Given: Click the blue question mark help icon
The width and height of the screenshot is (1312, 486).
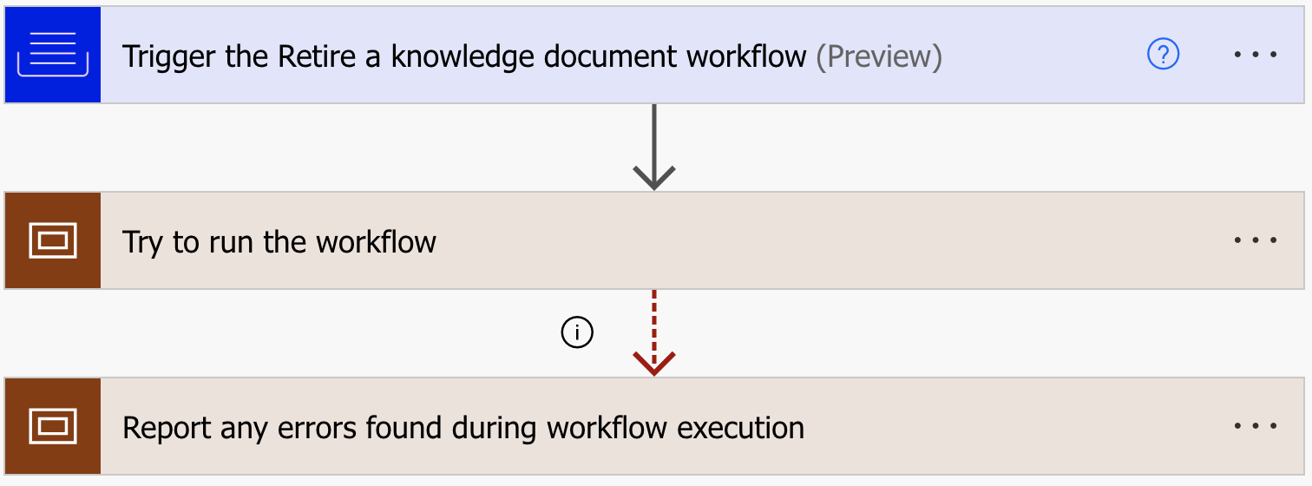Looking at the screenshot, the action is pos(1163,55).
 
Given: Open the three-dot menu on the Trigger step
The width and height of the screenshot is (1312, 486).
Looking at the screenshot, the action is pos(1256,55).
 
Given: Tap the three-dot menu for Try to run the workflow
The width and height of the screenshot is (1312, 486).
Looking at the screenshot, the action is pos(1256,240).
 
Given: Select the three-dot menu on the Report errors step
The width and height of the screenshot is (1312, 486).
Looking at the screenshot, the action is pos(1256,426).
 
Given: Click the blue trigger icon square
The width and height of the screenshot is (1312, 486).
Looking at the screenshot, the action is pos(53,55).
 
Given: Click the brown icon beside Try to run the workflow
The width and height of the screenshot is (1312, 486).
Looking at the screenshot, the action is pos(53,240).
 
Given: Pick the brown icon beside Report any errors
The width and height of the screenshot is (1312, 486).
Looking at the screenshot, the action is pos(53,426).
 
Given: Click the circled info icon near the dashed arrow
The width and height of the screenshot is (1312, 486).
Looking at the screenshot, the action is pos(577,332).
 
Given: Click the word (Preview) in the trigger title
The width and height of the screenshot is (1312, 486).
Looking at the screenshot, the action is pos(879,56).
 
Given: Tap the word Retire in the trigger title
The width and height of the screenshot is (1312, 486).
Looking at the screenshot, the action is pos(316,56).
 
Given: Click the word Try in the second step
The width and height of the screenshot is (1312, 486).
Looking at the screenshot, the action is pos(142,243).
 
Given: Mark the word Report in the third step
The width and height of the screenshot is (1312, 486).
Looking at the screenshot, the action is pos(167,429).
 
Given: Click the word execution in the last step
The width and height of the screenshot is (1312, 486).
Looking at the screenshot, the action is pos(740,428).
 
